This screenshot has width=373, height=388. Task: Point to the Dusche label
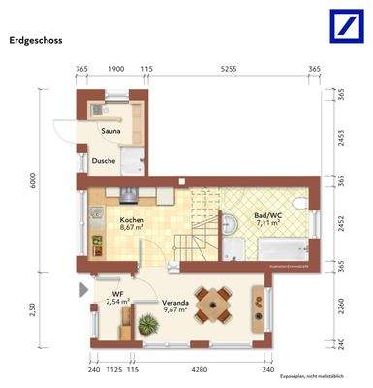(x=104, y=161)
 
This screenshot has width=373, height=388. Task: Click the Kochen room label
(x=132, y=219)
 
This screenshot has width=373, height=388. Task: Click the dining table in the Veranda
(x=213, y=304)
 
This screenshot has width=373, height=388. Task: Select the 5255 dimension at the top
(x=229, y=71)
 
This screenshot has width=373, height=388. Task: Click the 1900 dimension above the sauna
(x=115, y=71)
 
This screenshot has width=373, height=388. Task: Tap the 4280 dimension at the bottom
(x=201, y=370)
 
